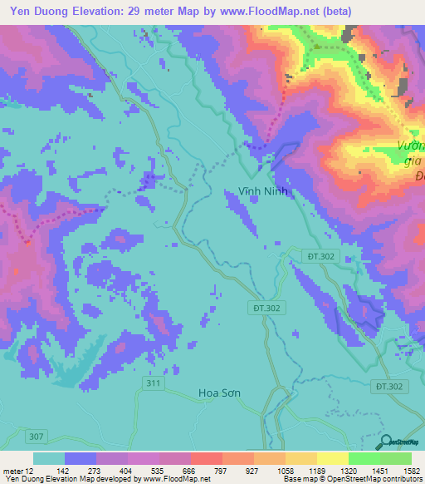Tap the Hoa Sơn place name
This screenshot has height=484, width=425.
220,393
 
